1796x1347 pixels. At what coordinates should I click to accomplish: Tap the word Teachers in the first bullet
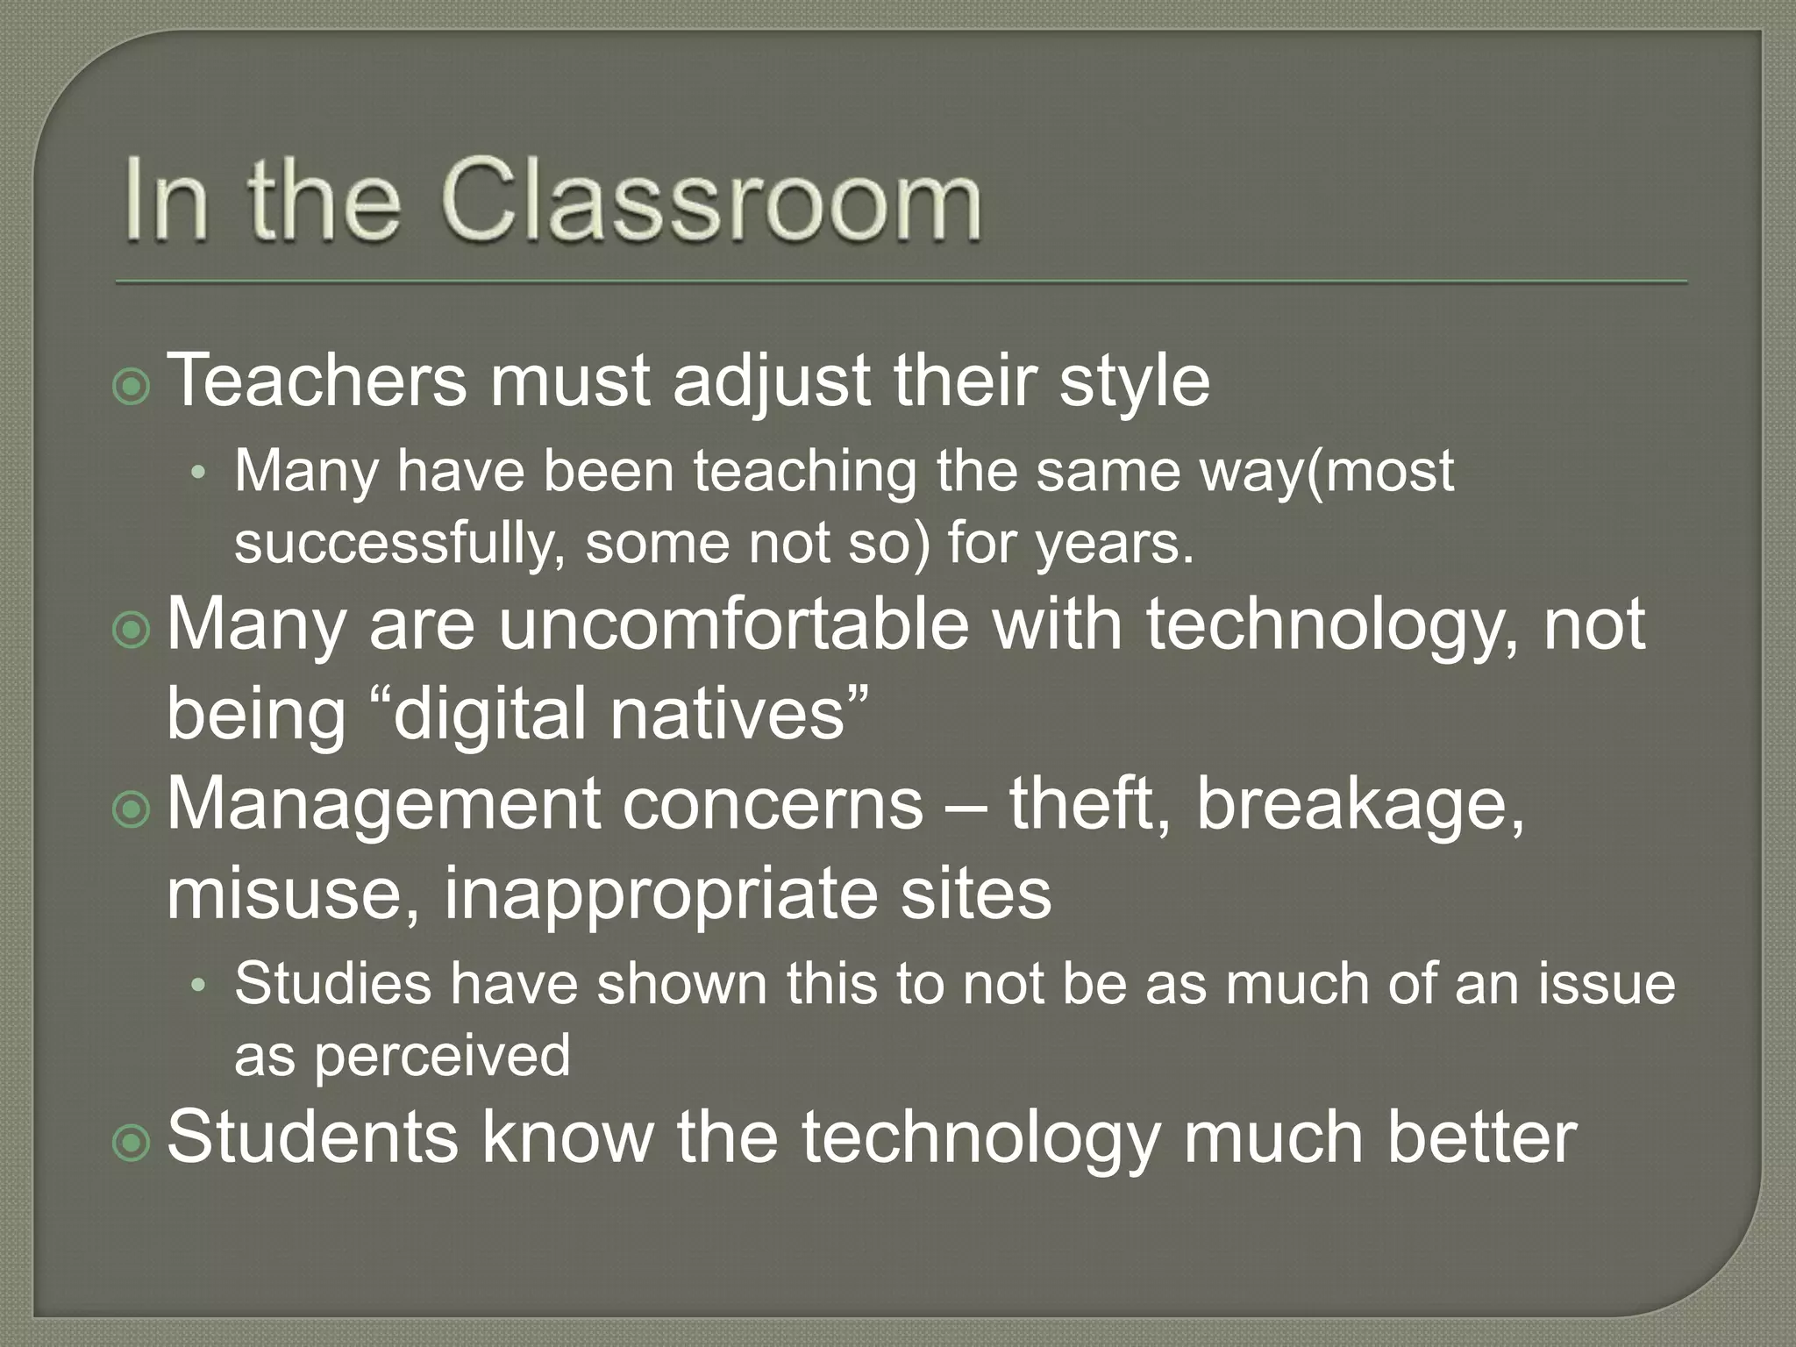pos(317,380)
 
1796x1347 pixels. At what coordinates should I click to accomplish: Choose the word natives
pos(727,713)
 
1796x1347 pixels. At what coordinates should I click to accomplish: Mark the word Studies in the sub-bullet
pos(332,983)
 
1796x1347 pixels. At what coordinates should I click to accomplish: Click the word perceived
pos(442,1055)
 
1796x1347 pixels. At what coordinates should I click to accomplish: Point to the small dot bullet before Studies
pos(199,986)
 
